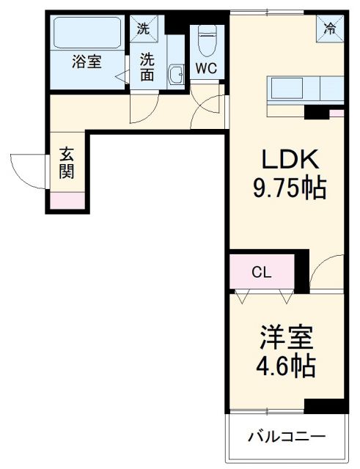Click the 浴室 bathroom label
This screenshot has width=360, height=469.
pyautogui.click(x=87, y=62)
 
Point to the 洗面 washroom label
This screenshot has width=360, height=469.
pyautogui.click(x=149, y=66)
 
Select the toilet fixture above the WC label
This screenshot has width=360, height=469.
pyautogui.click(x=207, y=40)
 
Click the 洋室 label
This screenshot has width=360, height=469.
pyautogui.click(x=286, y=339)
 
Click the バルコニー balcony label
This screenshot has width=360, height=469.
pyautogui.click(x=286, y=437)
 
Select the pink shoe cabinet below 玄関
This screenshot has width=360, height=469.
pyautogui.click(x=67, y=199)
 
